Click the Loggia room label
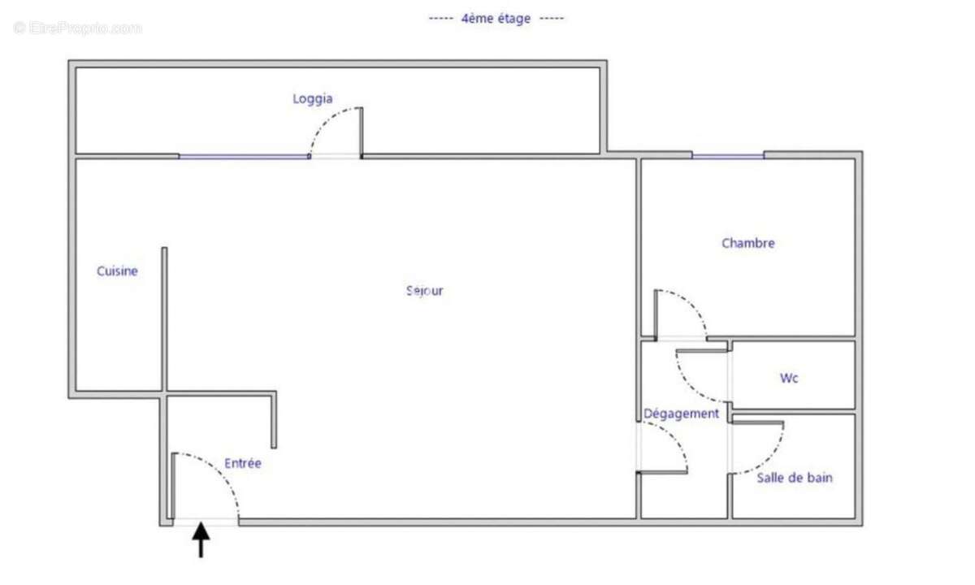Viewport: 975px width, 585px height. pyautogui.click(x=312, y=99)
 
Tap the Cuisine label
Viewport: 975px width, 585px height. pyautogui.click(x=117, y=271)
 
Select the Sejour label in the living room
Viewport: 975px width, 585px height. pyautogui.click(x=425, y=291)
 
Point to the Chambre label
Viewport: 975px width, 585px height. pyautogui.click(x=747, y=243)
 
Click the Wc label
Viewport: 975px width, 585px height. pyautogui.click(x=788, y=378)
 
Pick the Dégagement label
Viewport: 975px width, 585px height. pyautogui.click(x=681, y=414)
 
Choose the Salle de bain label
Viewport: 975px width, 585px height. pyautogui.click(x=794, y=478)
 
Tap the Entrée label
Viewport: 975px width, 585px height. pyautogui.click(x=243, y=463)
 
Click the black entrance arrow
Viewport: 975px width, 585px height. pyautogui.click(x=201, y=540)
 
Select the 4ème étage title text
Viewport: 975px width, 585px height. pyautogui.click(x=496, y=18)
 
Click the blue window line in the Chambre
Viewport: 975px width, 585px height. pyautogui.click(x=727, y=156)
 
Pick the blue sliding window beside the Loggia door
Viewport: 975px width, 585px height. pyautogui.click(x=244, y=156)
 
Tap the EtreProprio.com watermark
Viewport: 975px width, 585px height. pyautogui.click(x=77, y=28)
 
